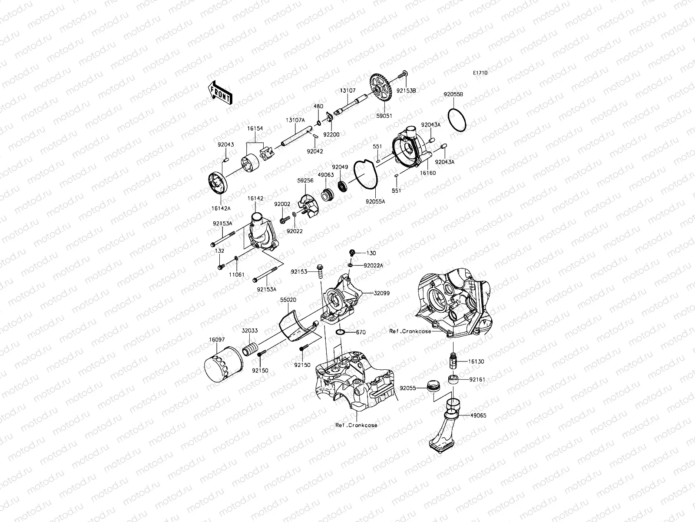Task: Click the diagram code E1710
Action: pyautogui.click(x=480, y=73)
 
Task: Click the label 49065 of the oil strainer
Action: pyautogui.click(x=478, y=415)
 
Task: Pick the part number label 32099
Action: pyautogui.click(x=381, y=293)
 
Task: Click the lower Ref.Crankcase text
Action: pyautogui.click(x=356, y=425)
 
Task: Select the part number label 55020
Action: pyautogui.click(x=288, y=300)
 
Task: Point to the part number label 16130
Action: pyautogui.click(x=476, y=361)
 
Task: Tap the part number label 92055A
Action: pyautogui.click(x=375, y=201)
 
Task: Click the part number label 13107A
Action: pyautogui.click(x=295, y=120)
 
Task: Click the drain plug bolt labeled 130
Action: pyautogui.click(x=353, y=252)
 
